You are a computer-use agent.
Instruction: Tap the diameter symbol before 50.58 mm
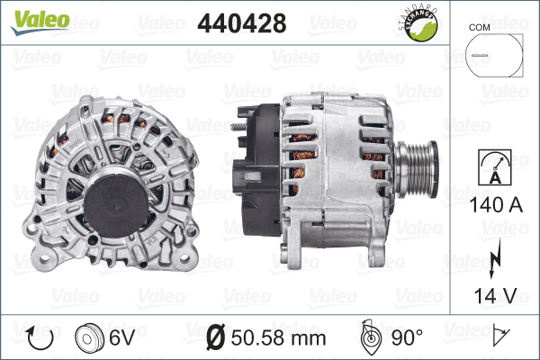pyautogui.click(x=216, y=339)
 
